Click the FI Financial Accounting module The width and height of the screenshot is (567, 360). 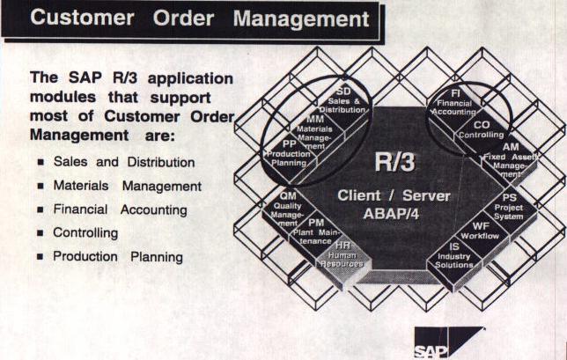point(452,99)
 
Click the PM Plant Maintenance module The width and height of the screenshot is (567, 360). point(315,232)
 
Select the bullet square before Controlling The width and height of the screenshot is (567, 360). point(40,234)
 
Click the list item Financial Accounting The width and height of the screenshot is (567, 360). point(120,210)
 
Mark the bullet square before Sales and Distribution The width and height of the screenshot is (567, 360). point(40,163)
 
